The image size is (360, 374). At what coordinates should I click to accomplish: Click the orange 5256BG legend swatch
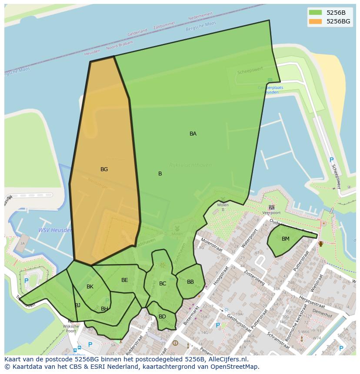pyautogui.click(x=316, y=21)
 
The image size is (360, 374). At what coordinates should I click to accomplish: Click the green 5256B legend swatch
pyautogui.click(x=316, y=13)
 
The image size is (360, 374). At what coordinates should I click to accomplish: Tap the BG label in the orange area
pyautogui.click(x=104, y=169)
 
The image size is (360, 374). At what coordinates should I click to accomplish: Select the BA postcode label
pyautogui.click(x=193, y=134)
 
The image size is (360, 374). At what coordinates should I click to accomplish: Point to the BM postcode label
pyautogui.click(x=286, y=239)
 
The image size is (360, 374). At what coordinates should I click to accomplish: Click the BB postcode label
pyautogui.click(x=190, y=282)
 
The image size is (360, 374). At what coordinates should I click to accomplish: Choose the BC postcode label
pyautogui.click(x=163, y=284)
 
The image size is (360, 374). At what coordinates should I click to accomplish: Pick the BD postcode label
pyautogui.click(x=162, y=317)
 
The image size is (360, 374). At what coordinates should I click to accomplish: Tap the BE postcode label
pyautogui.click(x=125, y=280)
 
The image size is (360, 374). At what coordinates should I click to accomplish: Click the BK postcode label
pyautogui.click(x=90, y=287)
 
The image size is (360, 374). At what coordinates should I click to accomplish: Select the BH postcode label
pyautogui.click(x=104, y=309)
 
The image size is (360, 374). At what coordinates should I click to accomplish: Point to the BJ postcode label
pyautogui.click(x=77, y=305)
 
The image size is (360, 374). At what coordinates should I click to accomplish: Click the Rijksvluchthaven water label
pyautogui.click(x=190, y=165)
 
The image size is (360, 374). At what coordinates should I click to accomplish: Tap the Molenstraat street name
pyautogui.click(x=211, y=247)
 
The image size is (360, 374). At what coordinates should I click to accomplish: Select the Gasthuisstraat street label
pyautogui.click(x=240, y=321)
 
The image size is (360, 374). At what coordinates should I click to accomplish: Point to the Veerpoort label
pyautogui.click(x=271, y=213)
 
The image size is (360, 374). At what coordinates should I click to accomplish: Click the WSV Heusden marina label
pyautogui.click(x=55, y=230)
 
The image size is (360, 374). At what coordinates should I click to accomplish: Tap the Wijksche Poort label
pyautogui.click(x=71, y=328)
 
